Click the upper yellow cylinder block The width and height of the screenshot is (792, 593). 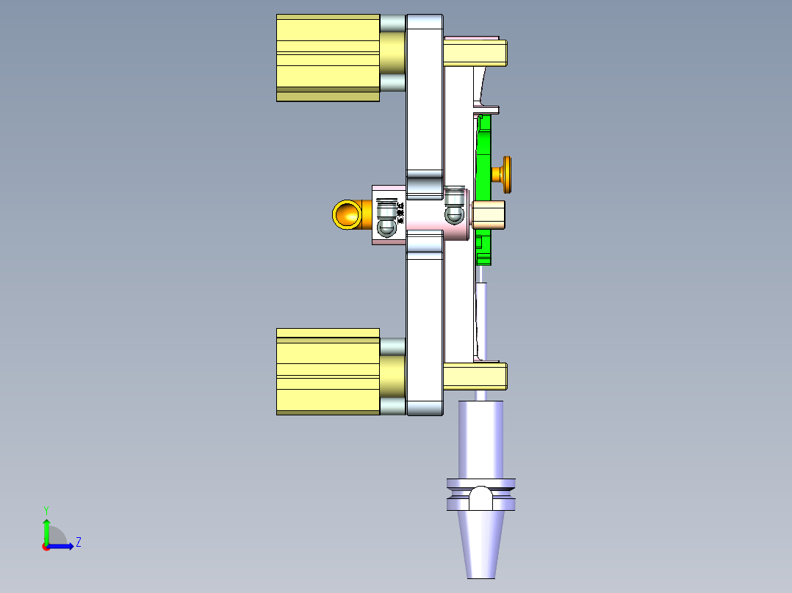(328, 57)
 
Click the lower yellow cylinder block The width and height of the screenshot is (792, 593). (328, 371)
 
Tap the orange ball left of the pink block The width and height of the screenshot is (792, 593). (346, 214)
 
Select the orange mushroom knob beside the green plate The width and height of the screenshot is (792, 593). (504, 174)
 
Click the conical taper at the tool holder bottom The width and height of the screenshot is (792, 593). (481, 543)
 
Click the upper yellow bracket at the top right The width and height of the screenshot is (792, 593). (475, 52)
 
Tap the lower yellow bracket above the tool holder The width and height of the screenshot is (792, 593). (475, 376)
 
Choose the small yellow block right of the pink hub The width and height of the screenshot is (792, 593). (488, 214)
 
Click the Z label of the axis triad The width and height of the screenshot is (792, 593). (78, 542)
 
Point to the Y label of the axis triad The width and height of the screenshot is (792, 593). (46, 510)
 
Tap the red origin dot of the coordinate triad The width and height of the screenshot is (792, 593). (46, 546)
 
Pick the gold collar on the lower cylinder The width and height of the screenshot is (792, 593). (393, 375)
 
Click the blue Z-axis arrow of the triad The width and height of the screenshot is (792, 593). (63, 546)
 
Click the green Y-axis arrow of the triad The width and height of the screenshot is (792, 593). (46, 530)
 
